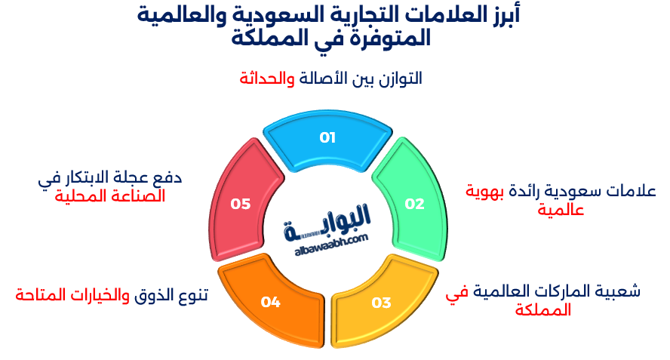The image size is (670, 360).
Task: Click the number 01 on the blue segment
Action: pyautogui.click(x=327, y=137)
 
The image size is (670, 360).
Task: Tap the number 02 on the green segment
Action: pyautogui.click(x=414, y=203)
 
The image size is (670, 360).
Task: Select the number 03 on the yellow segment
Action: pyautogui.click(x=381, y=303)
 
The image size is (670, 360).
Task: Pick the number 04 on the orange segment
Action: pyautogui.click(x=271, y=302)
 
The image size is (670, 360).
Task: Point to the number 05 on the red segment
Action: pyautogui.click(x=240, y=203)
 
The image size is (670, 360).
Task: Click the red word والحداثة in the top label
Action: pyautogui.click(x=267, y=78)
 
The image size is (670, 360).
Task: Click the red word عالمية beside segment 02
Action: pyautogui.click(x=560, y=209)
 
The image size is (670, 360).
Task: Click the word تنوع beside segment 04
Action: pyautogui.click(x=192, y=294)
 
